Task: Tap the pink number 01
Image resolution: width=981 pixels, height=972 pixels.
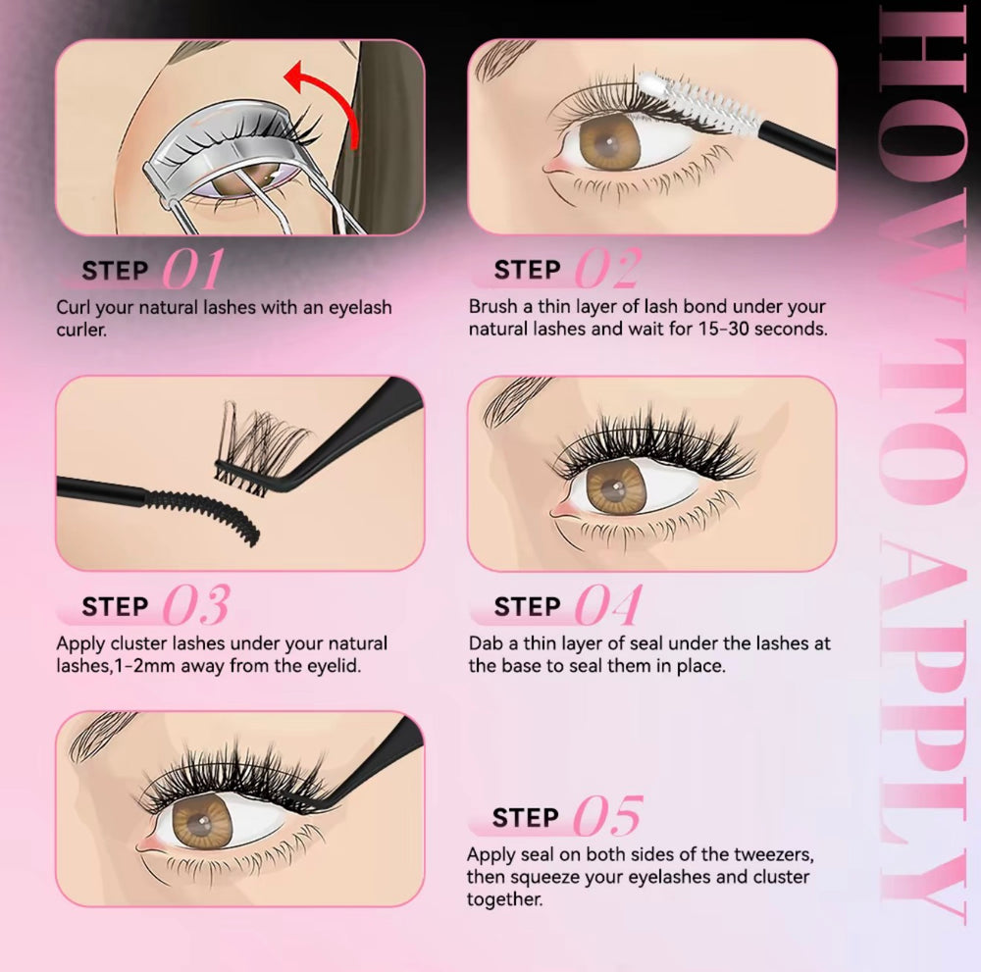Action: (x=192, y=269)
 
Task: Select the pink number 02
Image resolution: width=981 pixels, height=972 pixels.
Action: (x=607, y=269)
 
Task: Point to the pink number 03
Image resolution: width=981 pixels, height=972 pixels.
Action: (x=196, y=605)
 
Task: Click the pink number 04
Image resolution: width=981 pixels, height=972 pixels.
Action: (x=608, y=605)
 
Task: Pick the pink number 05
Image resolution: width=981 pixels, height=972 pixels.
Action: (x=607, y=816)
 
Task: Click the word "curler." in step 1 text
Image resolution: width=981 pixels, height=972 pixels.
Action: (x=81, y=330)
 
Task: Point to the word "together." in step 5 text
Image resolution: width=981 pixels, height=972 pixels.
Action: (x=505, y=898)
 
